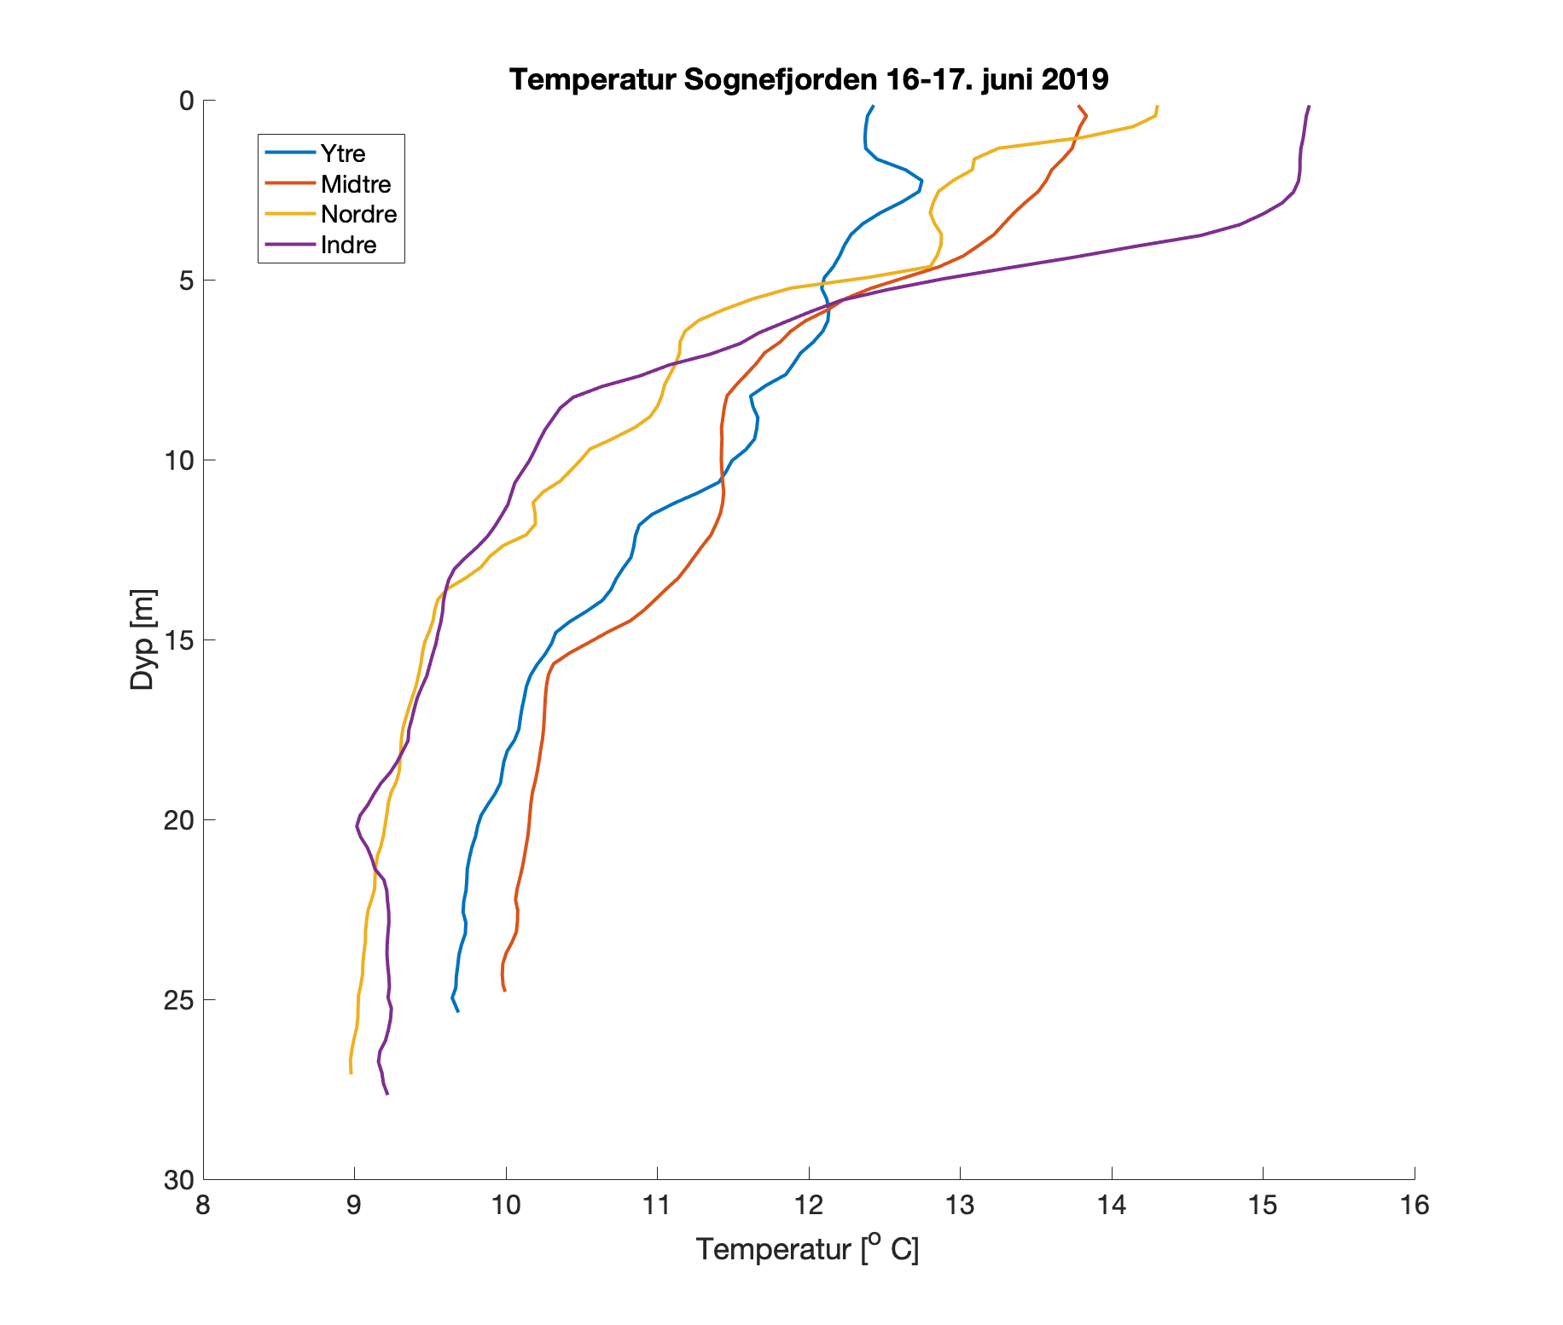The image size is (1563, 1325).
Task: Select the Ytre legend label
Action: pyautogui.click(x=343, y=153)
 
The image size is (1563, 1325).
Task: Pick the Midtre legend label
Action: pyautogui.click(x=356, y=184)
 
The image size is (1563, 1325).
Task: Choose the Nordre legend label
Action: pyautogui.click(x=358, y=214)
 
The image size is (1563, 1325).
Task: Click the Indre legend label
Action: pyautogui.click(x=348, y=245)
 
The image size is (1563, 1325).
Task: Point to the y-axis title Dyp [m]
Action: pyautogui.click(x=142, y=639)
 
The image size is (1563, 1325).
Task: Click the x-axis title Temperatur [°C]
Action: pyautogui.click(x=807, y=1249)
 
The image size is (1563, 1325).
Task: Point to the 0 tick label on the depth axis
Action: pyautogui.click(x=185, y=101)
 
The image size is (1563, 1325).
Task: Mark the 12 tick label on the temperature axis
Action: pyautogui.click(x=809, y=1206)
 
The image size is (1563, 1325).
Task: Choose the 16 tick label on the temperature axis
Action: pyautogui.click(x=1415, y=1206)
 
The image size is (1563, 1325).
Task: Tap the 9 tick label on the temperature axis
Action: pyautogui.click(x=354, y=1206)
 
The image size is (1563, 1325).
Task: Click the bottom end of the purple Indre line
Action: pyautogui.click(x=387, y=1093)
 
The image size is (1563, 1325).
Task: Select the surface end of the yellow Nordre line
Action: pyautogui.click(x=1157, y=107)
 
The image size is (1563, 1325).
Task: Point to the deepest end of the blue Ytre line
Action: pyautogui.click(x=458, y=1011)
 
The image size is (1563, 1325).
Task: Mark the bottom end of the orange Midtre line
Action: pyautogui.click(x=505, y=991)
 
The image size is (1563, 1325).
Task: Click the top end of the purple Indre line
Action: pyautogui.click(x=1309, y=107)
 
